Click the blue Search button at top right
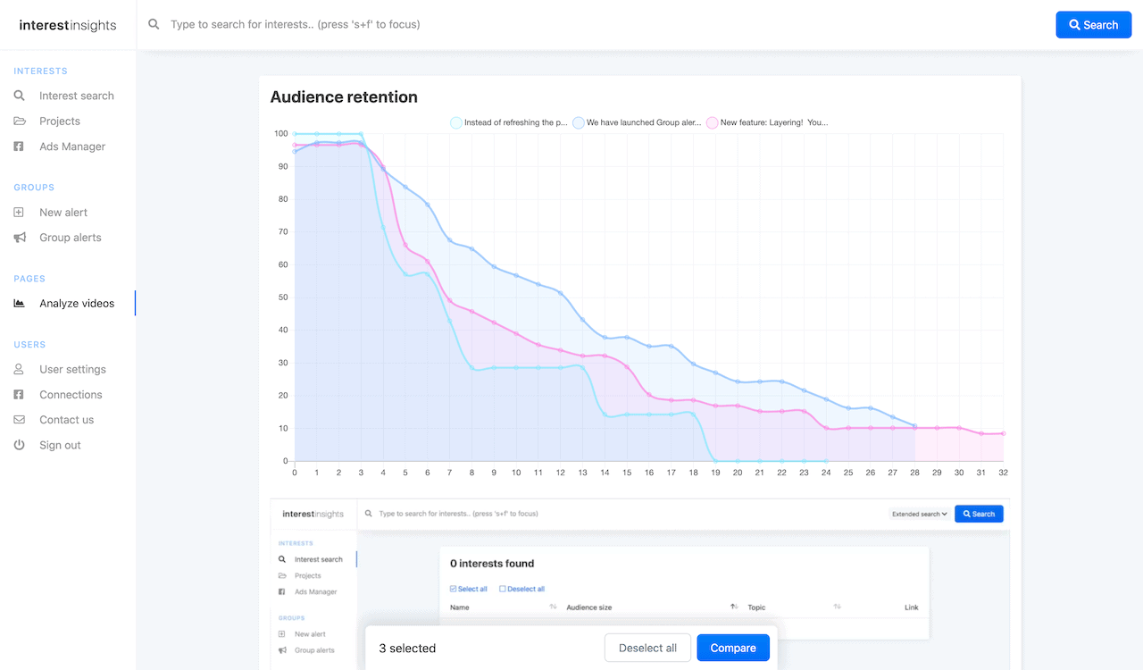[1093, 25]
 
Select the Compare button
[733, 648]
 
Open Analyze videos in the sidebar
[77, 304]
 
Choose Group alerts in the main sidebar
[71, 238]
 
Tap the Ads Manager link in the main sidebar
[72, 147]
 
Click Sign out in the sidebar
[60, 445]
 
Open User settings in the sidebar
[72, 369]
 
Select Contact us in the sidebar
[66, 420]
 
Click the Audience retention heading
[344, 97]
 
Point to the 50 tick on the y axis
[282, 297]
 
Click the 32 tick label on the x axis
[1003, 473]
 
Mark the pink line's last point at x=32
[1003, 433]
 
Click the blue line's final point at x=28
[914, 426]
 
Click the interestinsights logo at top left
[68, 25]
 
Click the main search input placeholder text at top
[295, 25]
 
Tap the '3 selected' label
[407, 648]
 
